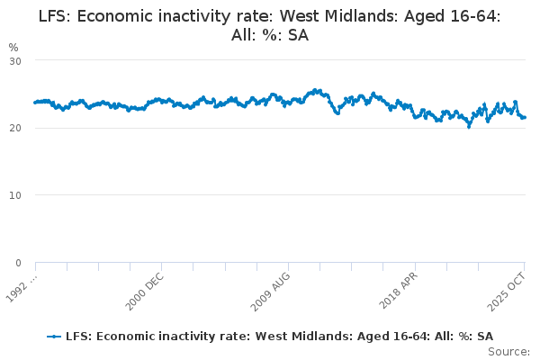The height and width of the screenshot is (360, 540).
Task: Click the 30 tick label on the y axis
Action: point(15,60)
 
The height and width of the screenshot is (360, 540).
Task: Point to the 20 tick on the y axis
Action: point(15,128)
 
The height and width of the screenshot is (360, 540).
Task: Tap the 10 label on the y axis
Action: point(15,195)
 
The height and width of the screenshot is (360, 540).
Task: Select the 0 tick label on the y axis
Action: point(18,263)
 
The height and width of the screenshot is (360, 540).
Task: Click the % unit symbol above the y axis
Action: point(13,47)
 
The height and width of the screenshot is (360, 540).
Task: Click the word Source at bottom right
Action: point(510,352)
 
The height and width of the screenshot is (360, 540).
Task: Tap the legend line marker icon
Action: point(55,336)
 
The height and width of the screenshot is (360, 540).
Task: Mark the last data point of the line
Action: point(525,117)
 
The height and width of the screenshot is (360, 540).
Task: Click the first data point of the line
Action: point(35,102)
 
